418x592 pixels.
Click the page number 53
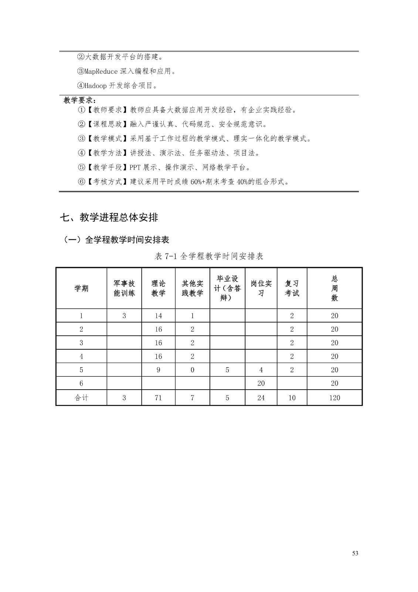coord(355,553)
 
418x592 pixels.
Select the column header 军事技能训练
coord(124,288)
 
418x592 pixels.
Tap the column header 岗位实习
coord(261,288)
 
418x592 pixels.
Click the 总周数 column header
coord(334,288)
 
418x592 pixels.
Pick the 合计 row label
coord(81,398)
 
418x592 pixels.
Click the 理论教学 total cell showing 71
coord(158,398)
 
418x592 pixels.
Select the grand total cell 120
coord(334,398)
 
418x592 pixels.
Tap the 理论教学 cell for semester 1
coord(158,316)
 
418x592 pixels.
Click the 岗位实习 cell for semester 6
coord(261,383)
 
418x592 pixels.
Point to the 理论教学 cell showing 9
coord(158,370)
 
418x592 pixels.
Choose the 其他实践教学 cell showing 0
coord(192,370)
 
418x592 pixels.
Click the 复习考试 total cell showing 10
coord(292,398)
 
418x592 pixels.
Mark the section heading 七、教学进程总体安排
coord(109,218)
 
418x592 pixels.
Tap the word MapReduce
coord(101,71)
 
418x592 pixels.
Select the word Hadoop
coord(95,86)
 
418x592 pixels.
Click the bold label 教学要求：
coord(80,100)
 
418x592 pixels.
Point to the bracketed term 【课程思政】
coord(107,124)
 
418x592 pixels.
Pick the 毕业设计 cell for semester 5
coord(227,370)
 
